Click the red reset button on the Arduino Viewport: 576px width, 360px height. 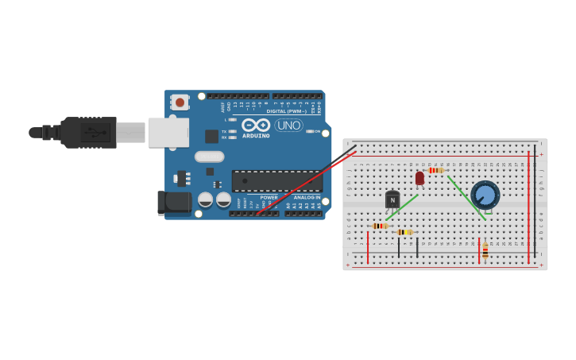pos(180,103)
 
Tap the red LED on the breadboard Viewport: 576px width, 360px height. pos(419,178)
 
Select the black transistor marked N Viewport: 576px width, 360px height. pos(392,199)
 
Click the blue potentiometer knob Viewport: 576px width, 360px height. pos(485,195)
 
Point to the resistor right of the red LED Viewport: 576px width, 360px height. pos(435,170)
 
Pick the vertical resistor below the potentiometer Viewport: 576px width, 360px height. pos(485,251)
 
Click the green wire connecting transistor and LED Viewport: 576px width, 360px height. pos(402,207)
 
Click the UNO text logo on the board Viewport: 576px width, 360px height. pos(288,125)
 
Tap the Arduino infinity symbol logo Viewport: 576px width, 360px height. pos(256,125)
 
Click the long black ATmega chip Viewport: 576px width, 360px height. pos(276,180)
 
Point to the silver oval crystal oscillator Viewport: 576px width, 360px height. pos(209,157)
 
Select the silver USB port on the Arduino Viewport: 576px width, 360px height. pos(168,133)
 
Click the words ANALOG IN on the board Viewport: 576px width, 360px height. pos(307,197)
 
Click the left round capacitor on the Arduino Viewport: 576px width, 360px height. pos(206,199)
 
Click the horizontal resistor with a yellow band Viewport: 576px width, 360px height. pos(404,232)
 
